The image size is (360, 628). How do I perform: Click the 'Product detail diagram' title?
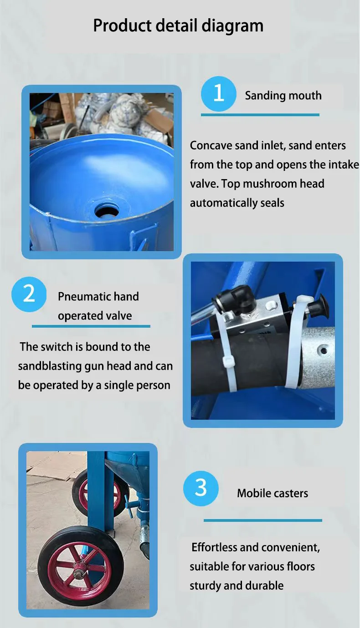[178, 26]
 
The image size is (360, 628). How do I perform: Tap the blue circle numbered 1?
[219, 94]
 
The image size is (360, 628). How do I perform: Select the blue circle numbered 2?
[29, 294]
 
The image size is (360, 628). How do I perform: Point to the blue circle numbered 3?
[201, 488]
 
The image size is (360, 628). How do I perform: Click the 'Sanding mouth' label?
[283, 96]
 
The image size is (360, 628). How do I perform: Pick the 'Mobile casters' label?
[273, 493]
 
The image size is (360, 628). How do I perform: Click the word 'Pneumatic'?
[84, 297]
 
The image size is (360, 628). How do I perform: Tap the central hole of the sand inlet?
[107, 210]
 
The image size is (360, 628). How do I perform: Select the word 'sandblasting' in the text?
[50, 366]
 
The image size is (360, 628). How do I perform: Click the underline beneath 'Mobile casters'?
[262, 520]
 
